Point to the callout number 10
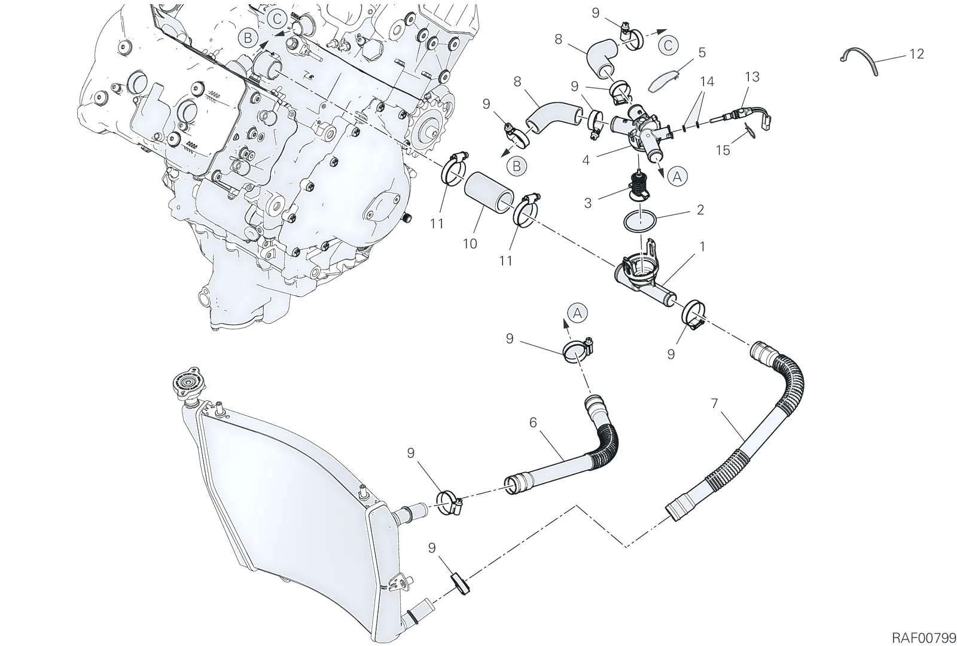pos(470,244)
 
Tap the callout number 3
pos(588,203)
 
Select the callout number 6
pos(533,422)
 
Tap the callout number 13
pos(752,77)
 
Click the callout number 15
pos(723,150)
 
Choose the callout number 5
pos(702,53)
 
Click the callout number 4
pos(586,161)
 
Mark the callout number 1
pos(702,247)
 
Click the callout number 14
pos(707,81)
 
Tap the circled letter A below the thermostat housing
pos(677,176)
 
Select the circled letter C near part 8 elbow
pos(669,45)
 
